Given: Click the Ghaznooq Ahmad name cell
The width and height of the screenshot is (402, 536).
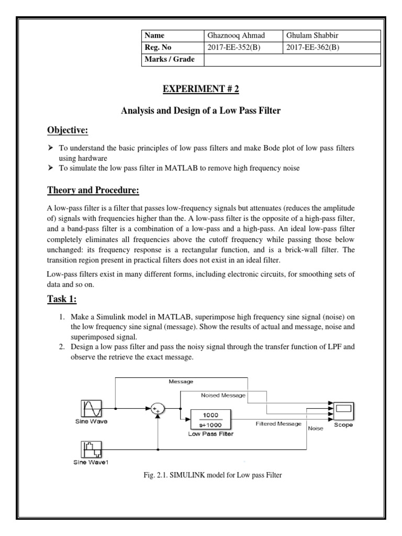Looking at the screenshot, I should (236, 36).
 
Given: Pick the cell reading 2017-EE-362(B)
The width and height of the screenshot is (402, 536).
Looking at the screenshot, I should (313, 48).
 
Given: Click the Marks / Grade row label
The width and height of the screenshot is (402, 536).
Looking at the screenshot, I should (169, 60).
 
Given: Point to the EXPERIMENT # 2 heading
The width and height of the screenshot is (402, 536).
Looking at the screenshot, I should (200, 89).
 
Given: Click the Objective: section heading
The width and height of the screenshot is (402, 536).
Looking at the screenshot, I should (68, 130).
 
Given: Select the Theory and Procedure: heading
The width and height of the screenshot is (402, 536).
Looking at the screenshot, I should (94, 189).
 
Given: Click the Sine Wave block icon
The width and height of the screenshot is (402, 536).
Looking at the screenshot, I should (91, 408).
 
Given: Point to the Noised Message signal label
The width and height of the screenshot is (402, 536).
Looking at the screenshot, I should (223, 395).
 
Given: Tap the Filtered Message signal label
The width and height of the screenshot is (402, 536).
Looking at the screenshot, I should (278, 423).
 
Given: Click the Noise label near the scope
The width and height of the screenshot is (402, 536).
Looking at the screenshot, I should (316, 428).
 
